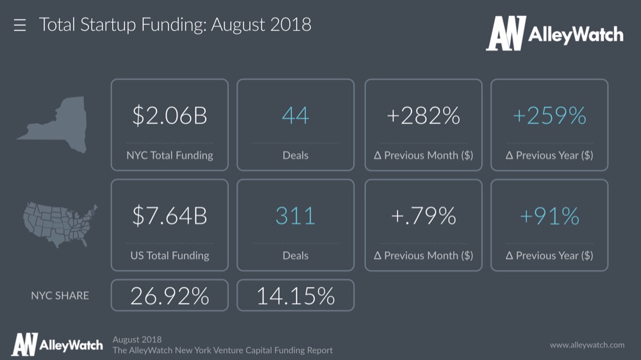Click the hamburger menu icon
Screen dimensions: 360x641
pos(20,26)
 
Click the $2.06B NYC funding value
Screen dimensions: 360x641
pos(169,116)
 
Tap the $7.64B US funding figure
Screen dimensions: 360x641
pos(169,216)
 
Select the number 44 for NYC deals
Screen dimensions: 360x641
pos(296,116)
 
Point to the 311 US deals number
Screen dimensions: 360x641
pos(296,216)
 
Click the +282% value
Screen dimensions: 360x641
pos(424,116)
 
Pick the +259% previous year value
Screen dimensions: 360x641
pos(549,116)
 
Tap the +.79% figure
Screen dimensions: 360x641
pos(424,216)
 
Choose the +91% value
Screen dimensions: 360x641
pos(549,216)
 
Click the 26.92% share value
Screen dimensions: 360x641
pos(169,295)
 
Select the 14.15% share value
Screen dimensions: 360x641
pos(296,295)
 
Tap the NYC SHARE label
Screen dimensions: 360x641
pos(60,295)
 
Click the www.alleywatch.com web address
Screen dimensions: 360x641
pos(587,345)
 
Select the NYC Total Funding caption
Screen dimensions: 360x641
pos(169,155)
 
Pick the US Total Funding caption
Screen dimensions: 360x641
pos(169,255)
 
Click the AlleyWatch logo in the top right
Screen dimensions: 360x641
pos(554,33)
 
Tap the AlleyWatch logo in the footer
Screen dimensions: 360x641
pos(57,345)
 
